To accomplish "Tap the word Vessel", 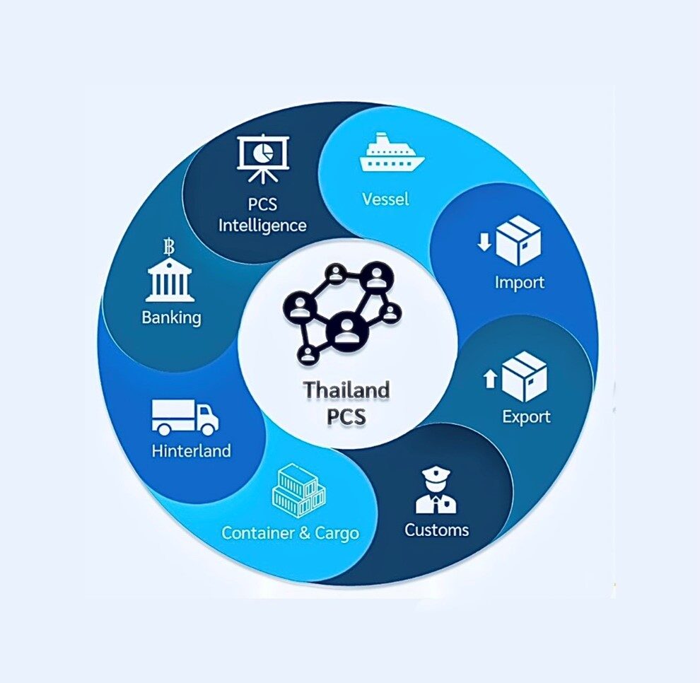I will [385, 199].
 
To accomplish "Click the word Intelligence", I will [262, 226].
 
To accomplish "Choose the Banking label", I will [171, 317].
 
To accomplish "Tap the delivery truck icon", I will [185, 417].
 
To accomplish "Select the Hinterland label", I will [191, 450].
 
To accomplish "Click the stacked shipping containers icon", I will [298, 491].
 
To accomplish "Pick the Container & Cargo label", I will [290, 532].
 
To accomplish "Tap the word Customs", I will [436, 530].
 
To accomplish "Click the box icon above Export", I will [524, 376].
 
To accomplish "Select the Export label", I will [526, 416].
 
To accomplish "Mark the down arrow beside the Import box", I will [484, 243].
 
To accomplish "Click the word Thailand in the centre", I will [346, 390].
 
